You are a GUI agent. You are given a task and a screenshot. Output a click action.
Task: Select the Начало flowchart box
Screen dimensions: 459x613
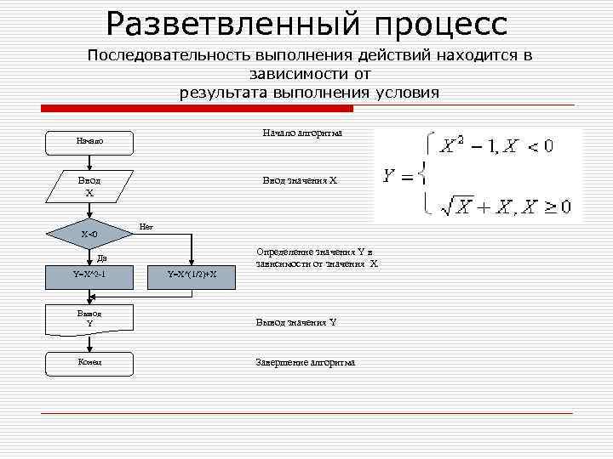89,141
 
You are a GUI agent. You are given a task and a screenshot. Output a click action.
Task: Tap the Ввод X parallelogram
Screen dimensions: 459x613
89,187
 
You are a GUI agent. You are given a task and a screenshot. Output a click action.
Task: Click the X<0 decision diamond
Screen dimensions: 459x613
89,234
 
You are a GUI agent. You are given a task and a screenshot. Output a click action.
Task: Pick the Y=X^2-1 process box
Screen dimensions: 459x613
89,274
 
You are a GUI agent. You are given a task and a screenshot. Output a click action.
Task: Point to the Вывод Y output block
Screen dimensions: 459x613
89,318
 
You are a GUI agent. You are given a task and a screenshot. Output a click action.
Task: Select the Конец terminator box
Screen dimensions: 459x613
89,362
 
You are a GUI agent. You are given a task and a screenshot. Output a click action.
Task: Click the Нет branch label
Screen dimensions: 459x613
146,226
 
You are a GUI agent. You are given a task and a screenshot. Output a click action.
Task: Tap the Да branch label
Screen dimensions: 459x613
101,258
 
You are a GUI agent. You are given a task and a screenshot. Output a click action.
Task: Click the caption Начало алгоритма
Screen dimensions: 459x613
301,133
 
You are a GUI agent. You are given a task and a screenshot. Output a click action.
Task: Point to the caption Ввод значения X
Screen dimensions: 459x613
300,180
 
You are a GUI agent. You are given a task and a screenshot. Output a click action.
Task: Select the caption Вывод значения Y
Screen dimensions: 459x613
295,322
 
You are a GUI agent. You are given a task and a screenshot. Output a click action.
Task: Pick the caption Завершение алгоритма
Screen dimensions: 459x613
306,362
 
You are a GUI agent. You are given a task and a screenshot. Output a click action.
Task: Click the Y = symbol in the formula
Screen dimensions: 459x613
399,177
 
